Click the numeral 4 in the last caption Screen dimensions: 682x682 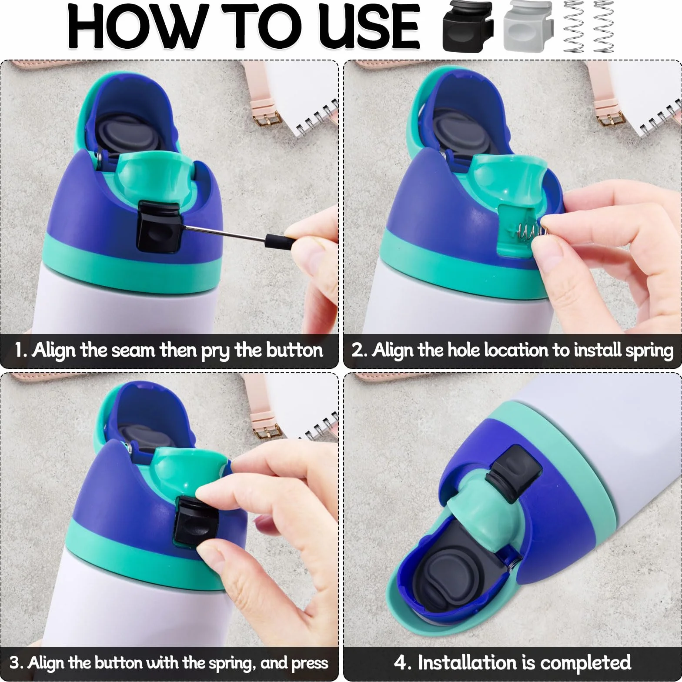point(400,662)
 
